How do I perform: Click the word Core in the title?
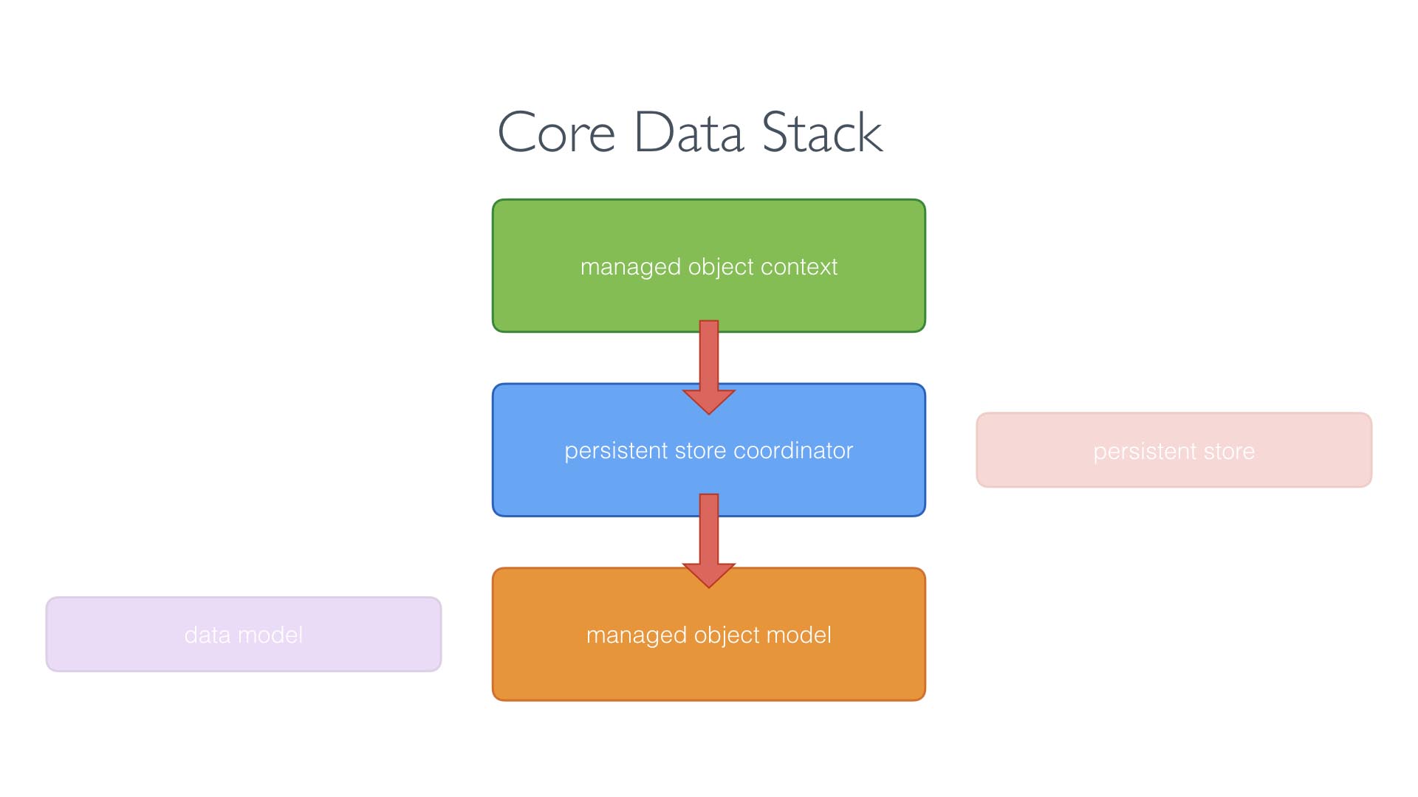coord(556,133)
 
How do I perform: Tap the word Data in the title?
coord(688,133)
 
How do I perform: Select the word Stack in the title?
coord(821,133)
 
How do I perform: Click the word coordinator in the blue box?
coord(792,450)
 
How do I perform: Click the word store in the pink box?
coord(1229,451)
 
